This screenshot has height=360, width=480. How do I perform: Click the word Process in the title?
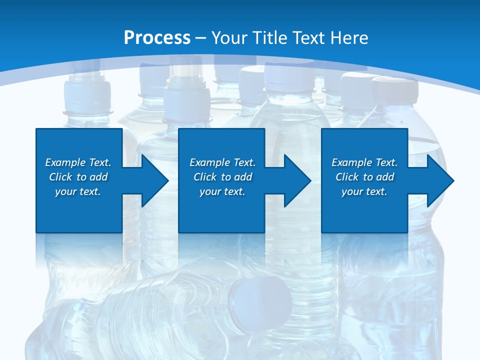pos(157,38)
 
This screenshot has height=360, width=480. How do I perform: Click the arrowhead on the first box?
pos(153,180)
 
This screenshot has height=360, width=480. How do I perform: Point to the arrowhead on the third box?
pos(439,180)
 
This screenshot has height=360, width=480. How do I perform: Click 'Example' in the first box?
pos(65,162)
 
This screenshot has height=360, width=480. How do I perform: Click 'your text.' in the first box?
pos(78,191)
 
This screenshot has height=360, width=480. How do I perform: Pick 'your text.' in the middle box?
pos(222,191)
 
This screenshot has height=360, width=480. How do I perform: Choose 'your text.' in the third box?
pos(364,191)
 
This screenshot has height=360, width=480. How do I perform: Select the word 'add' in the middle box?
pos(242,177)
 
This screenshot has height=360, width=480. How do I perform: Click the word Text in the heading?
pos(310,38)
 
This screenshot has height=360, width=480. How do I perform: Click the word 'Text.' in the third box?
pos(386,162)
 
